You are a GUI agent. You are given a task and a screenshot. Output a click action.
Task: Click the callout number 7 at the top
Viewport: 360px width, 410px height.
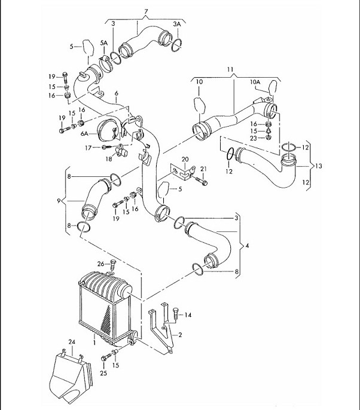click(x=146, y=11)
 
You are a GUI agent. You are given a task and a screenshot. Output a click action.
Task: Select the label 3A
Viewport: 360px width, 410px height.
click(x=177, y=24)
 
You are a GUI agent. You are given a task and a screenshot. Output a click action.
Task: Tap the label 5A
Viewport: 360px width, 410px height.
click(x=104, y=43)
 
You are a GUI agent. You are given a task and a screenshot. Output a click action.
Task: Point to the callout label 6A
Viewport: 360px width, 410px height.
click(x=84, y=134)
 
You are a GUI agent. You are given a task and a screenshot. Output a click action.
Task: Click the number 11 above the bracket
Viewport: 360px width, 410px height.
click(x=230, y=69)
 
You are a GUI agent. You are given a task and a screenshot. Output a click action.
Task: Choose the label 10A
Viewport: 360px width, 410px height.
click(x=255, y=82)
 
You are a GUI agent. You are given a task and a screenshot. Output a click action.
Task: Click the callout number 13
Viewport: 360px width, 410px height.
click(x=318, y=166)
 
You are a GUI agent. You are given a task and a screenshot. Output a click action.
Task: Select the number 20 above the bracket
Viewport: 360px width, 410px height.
click(x=185, y=159)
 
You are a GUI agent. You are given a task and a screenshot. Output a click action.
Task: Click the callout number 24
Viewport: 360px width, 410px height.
click(x=72, y=342)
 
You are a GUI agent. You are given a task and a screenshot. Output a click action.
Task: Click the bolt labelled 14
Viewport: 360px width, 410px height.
click(x=176, y=313)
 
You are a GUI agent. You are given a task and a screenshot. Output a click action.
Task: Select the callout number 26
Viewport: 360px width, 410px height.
click(x=100, y=264)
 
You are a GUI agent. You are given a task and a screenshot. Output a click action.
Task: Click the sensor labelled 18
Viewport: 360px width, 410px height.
click(x=120, y=152)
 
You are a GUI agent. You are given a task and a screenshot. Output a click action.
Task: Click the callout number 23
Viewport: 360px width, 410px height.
click(x=254, y=138)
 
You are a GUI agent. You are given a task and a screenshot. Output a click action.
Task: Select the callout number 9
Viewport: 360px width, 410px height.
click(x=59, y=201)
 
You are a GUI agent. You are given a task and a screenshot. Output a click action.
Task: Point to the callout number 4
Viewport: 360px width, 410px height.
click(x=247, y=246)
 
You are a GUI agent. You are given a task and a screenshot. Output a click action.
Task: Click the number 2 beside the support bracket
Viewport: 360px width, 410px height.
click(x=180, y=335)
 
